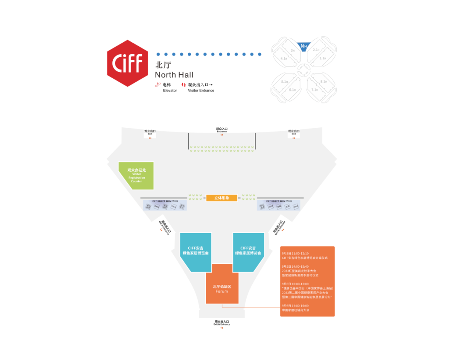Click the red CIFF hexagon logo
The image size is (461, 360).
pos(128,63)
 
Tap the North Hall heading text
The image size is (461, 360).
pos(174,75)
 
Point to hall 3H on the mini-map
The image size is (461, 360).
pos(292,50)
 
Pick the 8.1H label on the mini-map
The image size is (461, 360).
pos(323,81)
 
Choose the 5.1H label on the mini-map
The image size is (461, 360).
pos(284,81)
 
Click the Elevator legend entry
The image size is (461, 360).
pos(166,88)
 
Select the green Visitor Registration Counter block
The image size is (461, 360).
pos(136,176)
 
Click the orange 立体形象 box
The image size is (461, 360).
pos(222,198)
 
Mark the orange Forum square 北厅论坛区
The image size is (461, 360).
pos(222,289)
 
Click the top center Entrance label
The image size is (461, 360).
pos(222,129)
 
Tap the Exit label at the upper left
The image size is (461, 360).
pos(150,132)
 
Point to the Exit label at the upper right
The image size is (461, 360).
pos(293,132)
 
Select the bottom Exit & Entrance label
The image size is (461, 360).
pos(222,322)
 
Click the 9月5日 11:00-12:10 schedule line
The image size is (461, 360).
pos(295,253)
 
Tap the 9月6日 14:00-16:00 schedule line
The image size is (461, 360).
pos(295,305)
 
